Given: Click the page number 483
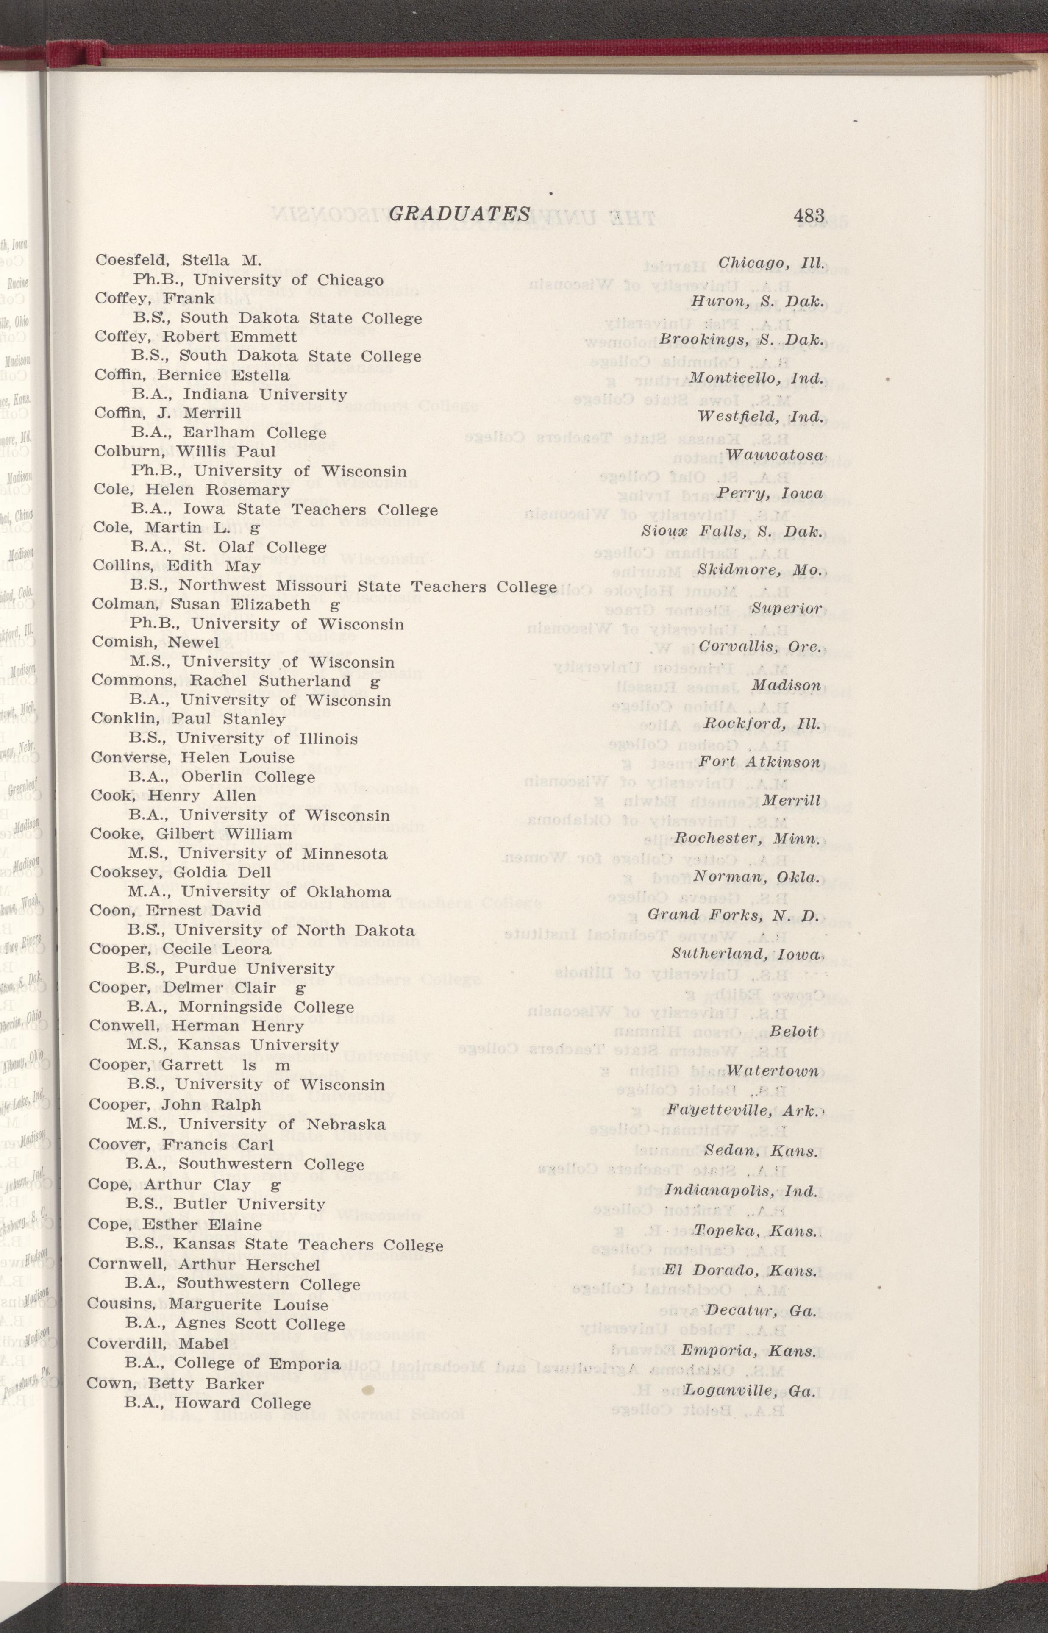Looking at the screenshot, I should tap(809, 216).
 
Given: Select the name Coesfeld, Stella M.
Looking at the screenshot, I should tap(178, 260).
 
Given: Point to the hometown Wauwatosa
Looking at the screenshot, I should tap(774, 454).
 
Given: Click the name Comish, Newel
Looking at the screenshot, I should tap(155, 643).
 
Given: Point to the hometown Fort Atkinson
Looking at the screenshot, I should tap(759, 762).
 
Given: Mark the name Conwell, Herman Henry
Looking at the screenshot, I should tap(197, 1025).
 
